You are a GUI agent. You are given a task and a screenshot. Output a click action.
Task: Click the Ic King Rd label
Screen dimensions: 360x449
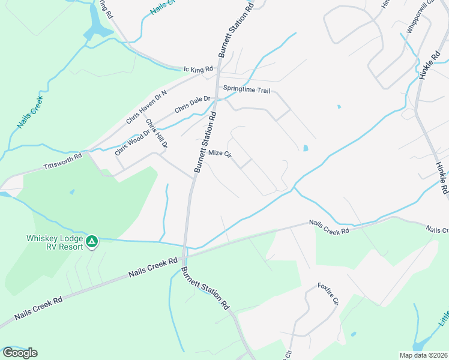[198, 70]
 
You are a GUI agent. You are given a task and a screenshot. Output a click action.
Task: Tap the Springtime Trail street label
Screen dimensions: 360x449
[247, 89]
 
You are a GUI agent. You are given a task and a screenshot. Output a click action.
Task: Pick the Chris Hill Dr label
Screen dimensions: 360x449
[157, 133]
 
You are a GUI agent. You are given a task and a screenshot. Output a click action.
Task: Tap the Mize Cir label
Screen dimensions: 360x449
[220, 154]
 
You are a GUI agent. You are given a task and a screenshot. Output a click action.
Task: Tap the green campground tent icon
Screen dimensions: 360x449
[91, 241]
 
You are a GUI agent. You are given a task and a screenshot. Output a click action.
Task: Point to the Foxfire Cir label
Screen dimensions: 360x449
[329, 293]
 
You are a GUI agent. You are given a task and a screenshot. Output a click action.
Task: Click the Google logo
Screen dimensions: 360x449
[20, 353]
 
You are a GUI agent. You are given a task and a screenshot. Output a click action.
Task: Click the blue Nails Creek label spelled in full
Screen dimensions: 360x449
[29, 112]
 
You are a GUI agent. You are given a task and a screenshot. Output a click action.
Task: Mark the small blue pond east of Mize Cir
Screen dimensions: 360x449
[306, 148]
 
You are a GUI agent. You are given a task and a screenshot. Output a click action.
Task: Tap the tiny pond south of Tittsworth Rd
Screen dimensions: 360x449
[72, 192]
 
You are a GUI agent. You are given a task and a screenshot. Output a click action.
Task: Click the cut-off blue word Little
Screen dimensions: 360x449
[442, 317]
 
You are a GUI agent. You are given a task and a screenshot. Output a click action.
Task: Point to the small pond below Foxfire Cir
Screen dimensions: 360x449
[353, 334]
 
